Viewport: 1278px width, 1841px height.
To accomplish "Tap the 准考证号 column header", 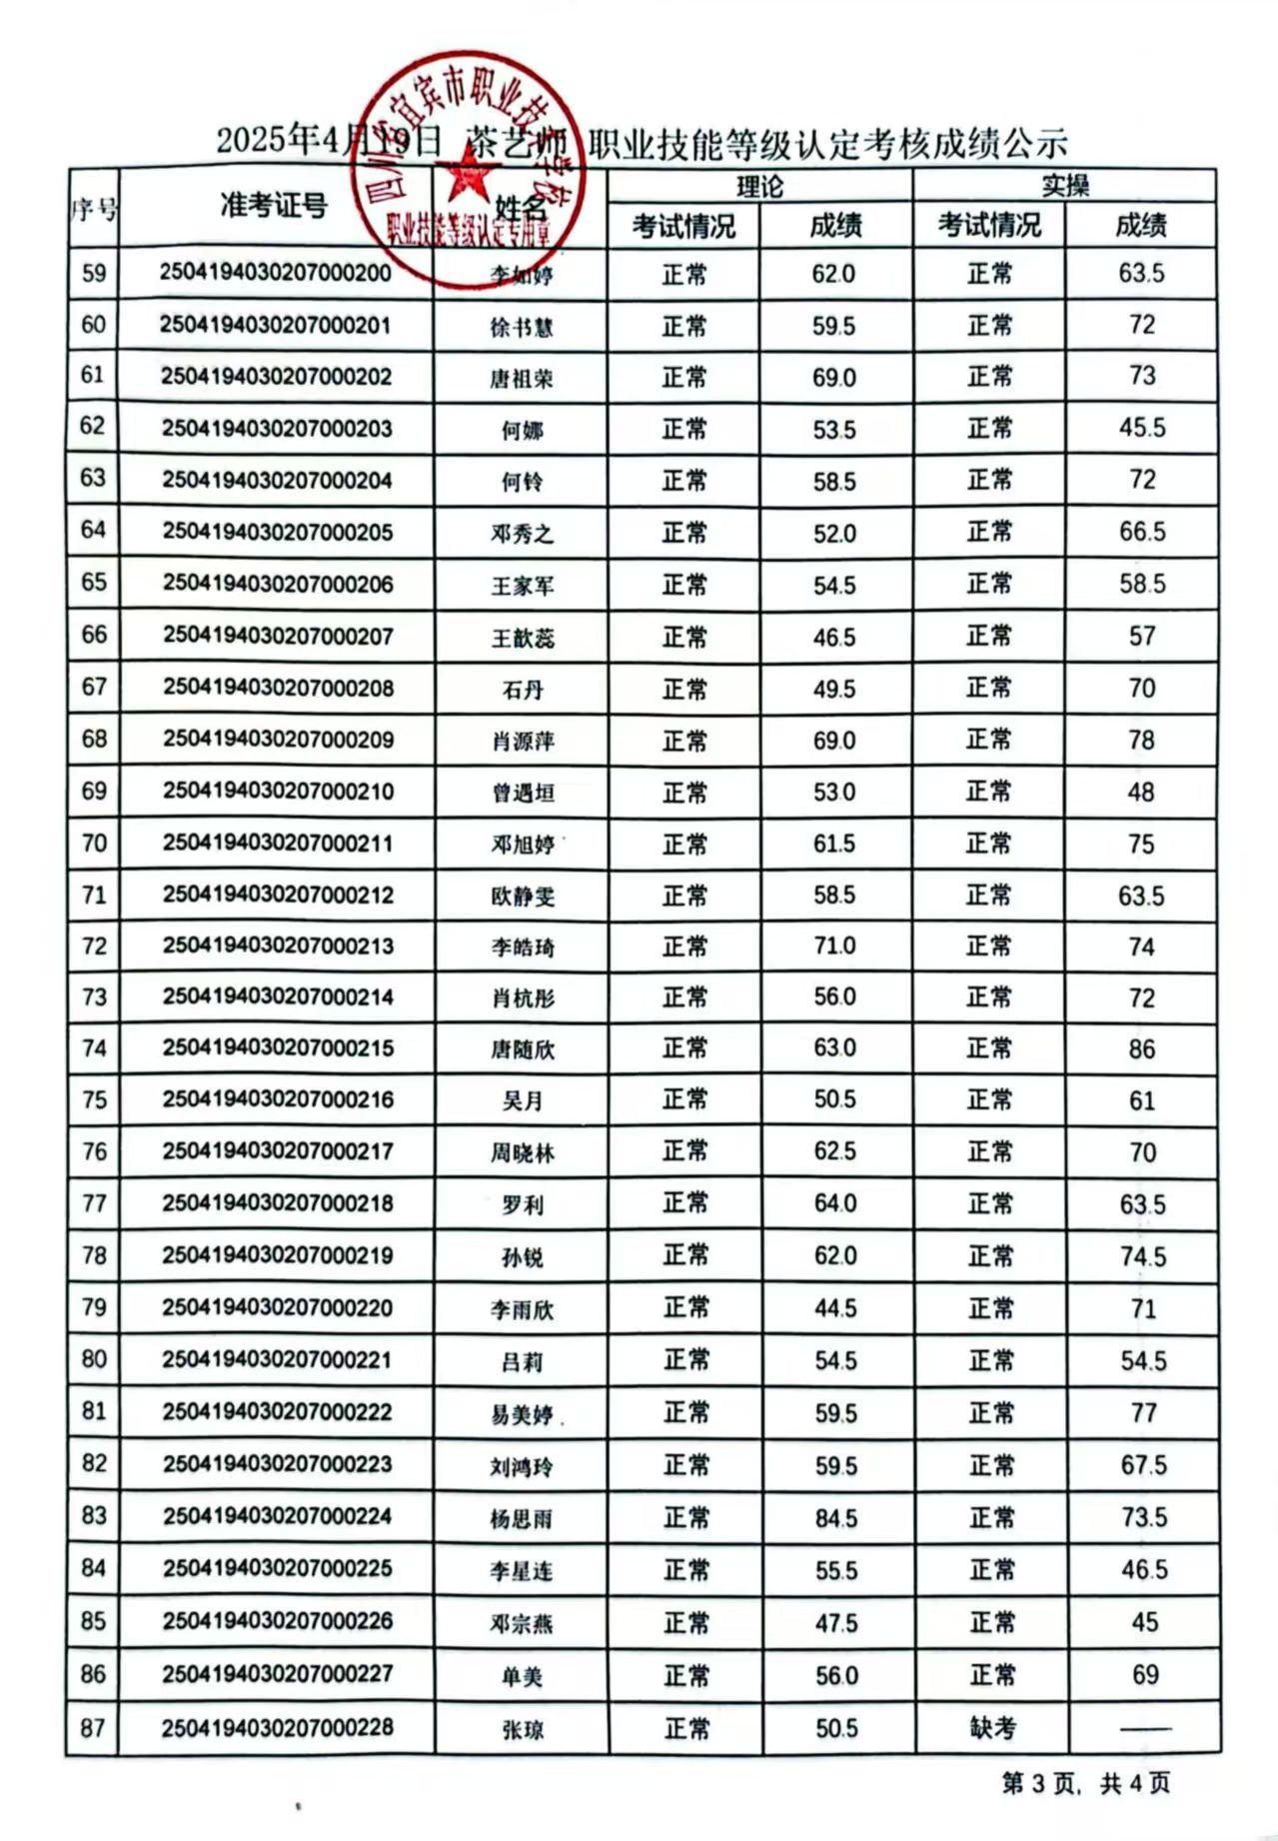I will click(274, 206).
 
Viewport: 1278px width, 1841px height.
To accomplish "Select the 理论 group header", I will click(759, 186).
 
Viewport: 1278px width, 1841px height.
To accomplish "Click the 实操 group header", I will click(1065, 186).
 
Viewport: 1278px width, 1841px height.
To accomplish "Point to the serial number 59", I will click(93, 273).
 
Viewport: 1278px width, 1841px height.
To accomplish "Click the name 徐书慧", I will click(522, 327).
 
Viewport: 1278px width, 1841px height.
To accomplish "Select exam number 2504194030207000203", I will click(277, 429).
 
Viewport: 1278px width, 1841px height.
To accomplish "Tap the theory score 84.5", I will click(835, 1518).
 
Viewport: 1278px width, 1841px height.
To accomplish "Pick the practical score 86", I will click(1141, 1049).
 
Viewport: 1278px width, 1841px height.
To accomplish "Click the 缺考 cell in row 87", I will click(991, 1728).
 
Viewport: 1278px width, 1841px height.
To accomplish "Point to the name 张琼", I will click(522, 1730).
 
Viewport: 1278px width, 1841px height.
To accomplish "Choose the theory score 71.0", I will click(834, 945).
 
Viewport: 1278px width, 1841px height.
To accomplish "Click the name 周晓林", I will click(522, 1153).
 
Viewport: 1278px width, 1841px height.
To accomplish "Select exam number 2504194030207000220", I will click(277, 1307).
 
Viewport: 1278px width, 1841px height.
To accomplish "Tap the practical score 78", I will click(1141, 740).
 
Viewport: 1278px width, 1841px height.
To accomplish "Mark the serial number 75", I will click(94, 1099).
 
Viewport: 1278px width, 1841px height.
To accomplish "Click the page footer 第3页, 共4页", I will click(1086, 1782).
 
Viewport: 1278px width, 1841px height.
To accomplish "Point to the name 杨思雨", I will click(522, 1519).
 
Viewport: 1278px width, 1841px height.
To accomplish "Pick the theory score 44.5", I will click(835, 1308).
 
